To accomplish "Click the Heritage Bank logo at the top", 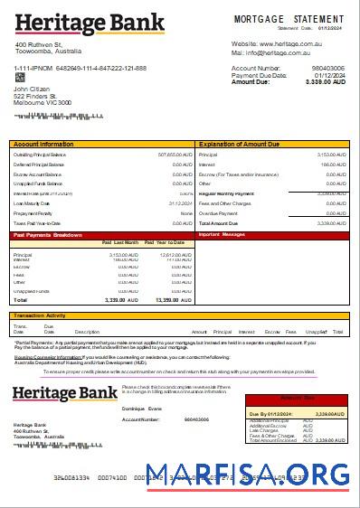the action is point(89,22).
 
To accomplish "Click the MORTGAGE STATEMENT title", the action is point(289,18).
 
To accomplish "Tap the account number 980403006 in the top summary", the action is point(327,68).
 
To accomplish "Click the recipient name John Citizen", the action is point(32,89).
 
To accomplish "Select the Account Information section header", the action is point(43,144).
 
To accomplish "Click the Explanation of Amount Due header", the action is point(238,144).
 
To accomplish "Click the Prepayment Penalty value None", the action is point(186,213).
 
